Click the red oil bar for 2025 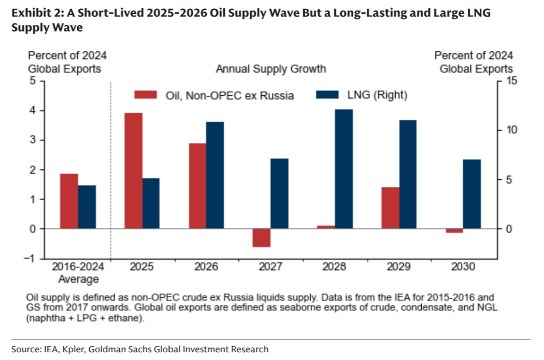[x=133, y=171]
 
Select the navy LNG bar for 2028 [x=344, y=169]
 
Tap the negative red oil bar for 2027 [x=262, y=238]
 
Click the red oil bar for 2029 [x=390, y=208]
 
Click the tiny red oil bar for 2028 [x=326, y=227]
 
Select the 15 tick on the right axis [x=510, y=81]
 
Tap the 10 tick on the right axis [x=510, y=131]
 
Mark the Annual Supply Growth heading [x=271, y=69]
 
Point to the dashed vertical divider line [x=111, y=171]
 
